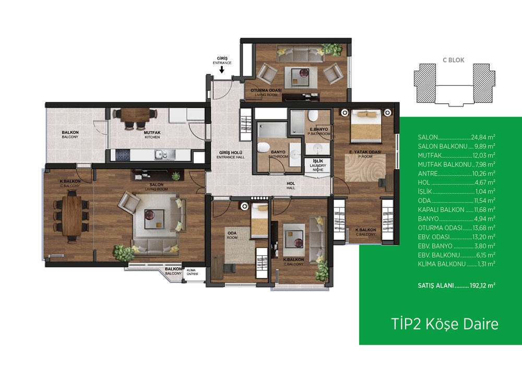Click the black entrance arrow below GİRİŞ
click(222, 69)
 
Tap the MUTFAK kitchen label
click(152, 135)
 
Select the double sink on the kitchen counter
click(165, 154)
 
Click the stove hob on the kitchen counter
click(123, 155)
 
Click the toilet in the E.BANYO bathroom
click(313, 115)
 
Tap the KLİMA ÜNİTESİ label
click(193, 272)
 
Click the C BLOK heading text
click(453, 60)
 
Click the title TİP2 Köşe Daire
click(445, 324)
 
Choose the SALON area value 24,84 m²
click(483, 137)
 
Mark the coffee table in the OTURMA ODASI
click(301, 78)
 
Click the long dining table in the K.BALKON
click(72, 216)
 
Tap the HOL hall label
click(291, 185)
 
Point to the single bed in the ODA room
click(259, 220)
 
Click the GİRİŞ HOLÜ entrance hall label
click(230, 155)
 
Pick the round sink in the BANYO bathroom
click(294, 154)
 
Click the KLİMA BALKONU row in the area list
click(456, 264)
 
